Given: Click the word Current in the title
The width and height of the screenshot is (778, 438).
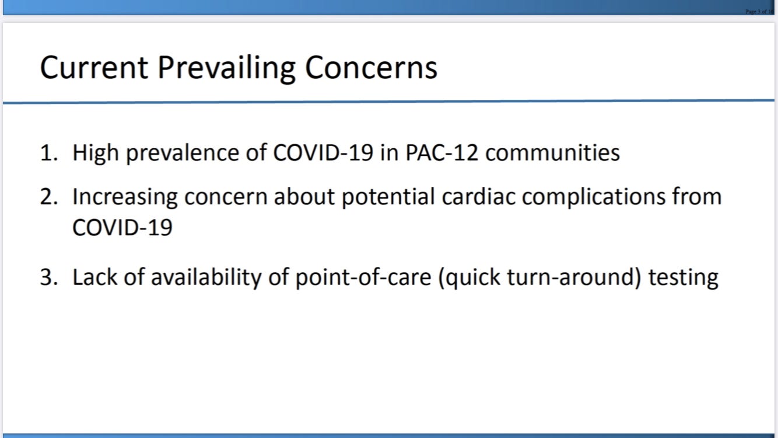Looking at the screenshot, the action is coord(94,68).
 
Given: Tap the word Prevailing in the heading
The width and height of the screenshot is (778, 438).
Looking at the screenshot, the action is coord(226,68).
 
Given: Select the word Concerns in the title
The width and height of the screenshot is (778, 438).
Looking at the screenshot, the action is coord(371,68).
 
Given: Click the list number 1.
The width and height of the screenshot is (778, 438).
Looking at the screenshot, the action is coord(48,153).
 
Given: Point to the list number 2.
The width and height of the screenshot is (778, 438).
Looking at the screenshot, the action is coord(48,197).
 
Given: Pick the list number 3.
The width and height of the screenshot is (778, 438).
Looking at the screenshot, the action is coord(48,277).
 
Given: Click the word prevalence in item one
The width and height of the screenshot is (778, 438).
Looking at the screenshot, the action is coord(183,154).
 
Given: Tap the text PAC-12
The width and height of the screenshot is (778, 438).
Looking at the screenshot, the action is coord(442,153).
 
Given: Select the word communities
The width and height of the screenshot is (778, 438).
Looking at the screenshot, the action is coord(552,153).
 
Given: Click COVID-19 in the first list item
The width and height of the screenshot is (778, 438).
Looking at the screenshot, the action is coord(323,153).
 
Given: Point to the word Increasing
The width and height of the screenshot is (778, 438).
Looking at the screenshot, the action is coord(125,197).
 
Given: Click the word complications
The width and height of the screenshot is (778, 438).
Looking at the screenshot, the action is coord(594,197).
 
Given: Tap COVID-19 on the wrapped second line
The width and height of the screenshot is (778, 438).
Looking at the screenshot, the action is coord(122,228).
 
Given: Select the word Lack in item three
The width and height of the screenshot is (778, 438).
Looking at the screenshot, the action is coord(95,277).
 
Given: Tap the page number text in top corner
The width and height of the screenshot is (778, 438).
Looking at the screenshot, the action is coord(759,12).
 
